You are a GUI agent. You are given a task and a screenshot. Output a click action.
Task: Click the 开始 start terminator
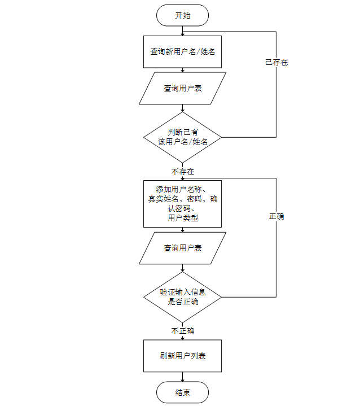182,15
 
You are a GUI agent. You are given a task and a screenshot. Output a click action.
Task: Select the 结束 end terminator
182,392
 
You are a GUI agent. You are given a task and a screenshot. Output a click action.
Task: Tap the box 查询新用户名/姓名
182,51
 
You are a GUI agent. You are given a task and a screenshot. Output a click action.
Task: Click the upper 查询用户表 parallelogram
182,88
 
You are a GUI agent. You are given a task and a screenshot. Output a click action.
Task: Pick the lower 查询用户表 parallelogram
182,248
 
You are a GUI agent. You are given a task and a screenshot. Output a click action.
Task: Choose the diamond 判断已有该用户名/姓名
182,137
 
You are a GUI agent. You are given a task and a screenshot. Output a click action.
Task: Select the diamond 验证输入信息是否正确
182,297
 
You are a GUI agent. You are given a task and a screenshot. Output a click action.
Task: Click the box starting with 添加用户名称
182,203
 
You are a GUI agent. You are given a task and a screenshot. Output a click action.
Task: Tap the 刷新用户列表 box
182,356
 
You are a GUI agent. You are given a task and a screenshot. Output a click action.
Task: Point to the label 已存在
276,63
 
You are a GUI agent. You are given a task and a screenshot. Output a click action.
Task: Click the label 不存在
182,171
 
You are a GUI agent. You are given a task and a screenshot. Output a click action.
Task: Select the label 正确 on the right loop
276,216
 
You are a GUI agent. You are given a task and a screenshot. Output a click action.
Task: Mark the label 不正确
182,331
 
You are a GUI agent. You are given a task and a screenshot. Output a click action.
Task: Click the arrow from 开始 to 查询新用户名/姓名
182,30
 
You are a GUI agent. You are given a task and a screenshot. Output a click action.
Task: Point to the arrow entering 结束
182,377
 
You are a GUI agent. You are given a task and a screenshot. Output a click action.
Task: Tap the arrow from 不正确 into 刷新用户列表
182,337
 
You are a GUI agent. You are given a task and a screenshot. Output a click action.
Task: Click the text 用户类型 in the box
182,218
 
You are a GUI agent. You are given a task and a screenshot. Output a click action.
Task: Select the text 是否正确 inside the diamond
183,302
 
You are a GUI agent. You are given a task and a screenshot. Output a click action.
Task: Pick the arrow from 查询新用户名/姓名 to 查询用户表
182,70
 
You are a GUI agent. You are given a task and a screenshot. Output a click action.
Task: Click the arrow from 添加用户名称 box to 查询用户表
182,229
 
